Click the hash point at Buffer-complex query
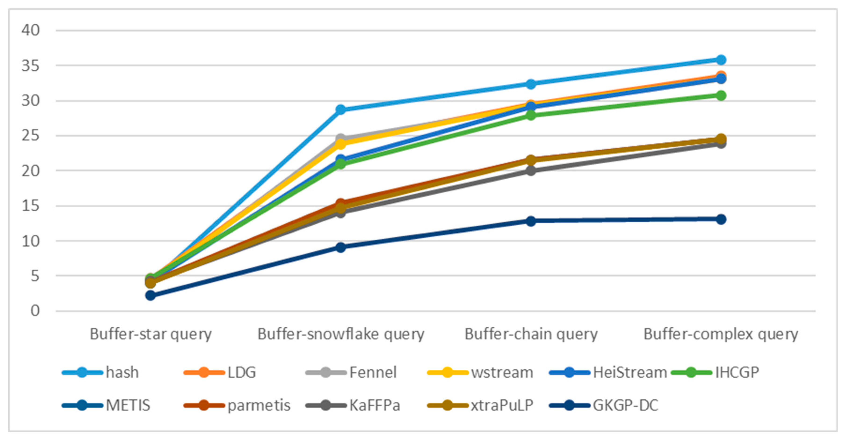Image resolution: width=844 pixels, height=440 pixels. (x=721, y=60)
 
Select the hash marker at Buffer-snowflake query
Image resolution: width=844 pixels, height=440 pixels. (x=341, y=109)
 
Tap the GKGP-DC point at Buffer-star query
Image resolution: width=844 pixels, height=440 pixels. (x=150, y=296)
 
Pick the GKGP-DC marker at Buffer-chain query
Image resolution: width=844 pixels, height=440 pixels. (x=531, y=221)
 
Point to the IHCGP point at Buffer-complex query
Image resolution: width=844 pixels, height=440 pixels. (x=721, y=96)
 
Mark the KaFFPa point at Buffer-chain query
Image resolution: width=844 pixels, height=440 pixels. (x=531, y=171)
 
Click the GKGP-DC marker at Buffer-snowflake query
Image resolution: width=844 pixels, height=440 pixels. (x=341, y=247)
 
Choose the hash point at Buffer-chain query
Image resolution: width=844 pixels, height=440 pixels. (x=531, y=84)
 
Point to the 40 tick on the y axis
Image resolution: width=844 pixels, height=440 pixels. (x=30, y=30)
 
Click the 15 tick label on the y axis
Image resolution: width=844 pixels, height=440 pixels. (x=30, y=206)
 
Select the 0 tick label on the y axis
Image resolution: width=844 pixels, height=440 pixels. (x=35, y=310)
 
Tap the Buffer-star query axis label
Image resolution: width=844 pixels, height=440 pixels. (x=151, y=334)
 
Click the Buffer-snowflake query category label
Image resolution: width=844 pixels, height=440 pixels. (x=341, y=334)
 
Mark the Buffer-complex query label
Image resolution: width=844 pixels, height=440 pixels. (x=721, y=334)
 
